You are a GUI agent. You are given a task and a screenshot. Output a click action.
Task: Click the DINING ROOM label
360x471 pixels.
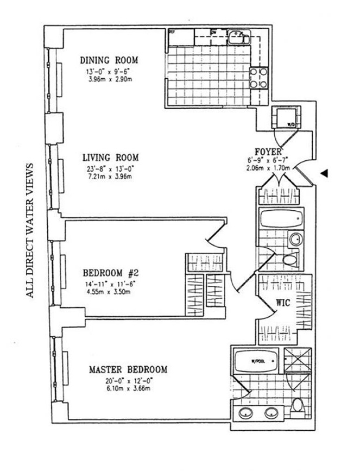pyautogui.click(x=109, y=60)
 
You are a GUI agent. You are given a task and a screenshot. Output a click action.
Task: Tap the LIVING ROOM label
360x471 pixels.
pyautogui.click(x=110, y=158)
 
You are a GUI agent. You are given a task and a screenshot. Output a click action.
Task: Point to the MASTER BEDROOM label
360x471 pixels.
pyautogui.click(x=128, y=370)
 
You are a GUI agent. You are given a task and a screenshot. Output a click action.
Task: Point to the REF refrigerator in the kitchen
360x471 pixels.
pyautogui.click(x=180, y=37)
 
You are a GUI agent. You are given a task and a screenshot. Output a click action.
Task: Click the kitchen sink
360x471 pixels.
pyautogui.click(x=236, y=36)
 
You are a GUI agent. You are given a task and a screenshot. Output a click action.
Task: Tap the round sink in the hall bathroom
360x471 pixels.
pyautogui.click(x=295, y=240)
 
